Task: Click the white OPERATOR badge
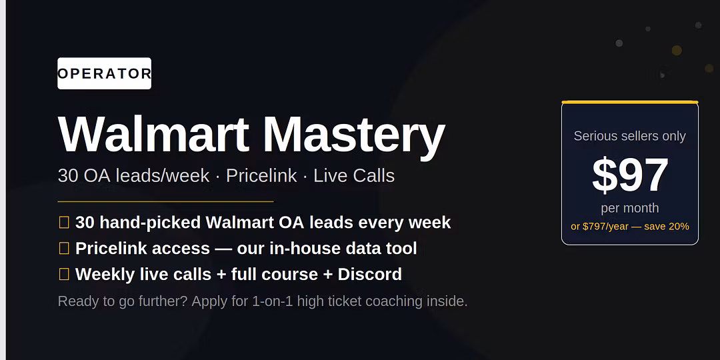click(104, 73)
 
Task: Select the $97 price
click(630, 175)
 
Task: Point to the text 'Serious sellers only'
click(629, 136)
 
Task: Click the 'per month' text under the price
click(629, 208)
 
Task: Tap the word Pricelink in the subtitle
click(261, 176)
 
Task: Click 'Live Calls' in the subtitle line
click(354, 176)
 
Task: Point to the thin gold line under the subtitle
click(165, 201)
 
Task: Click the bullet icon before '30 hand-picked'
click(64, 223)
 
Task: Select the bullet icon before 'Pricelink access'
click(64, 249)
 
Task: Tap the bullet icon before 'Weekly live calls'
click(64, 274)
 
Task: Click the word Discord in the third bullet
click(369, 274)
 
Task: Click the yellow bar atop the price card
click(629, 102)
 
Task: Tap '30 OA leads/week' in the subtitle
click(133, 176)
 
